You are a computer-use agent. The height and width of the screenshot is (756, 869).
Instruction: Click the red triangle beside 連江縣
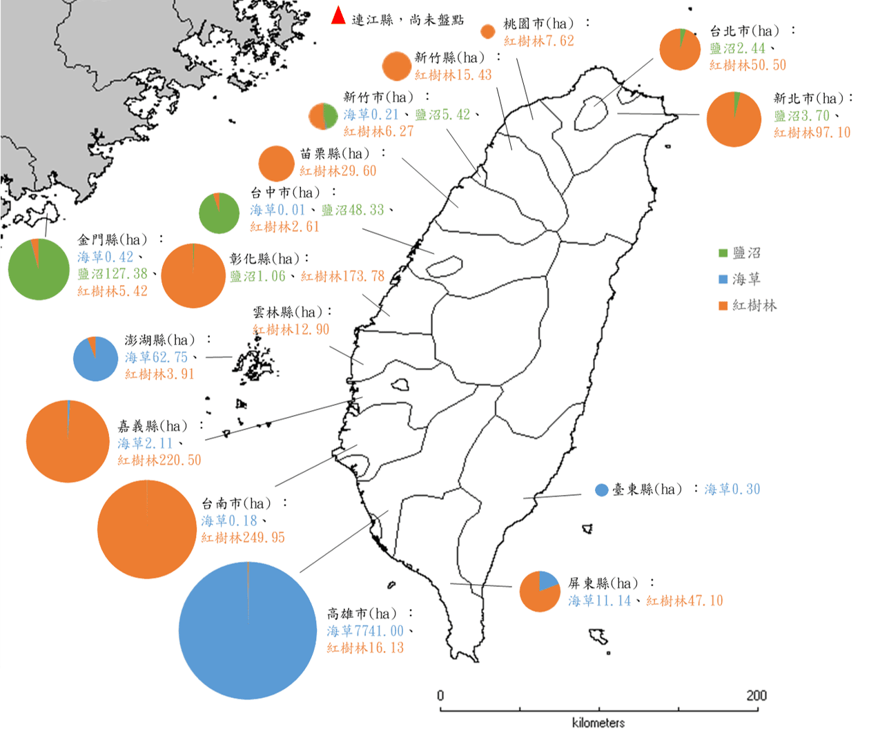(338, 16)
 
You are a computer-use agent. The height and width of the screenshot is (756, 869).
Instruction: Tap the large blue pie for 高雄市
(247, 630)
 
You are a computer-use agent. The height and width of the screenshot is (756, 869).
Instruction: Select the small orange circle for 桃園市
(487, 31)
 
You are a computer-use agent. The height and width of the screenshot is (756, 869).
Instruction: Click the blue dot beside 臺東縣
(602, 490)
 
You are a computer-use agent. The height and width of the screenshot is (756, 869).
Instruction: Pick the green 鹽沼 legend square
(723, 253)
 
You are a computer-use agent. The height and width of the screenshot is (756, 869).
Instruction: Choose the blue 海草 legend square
(723, 279)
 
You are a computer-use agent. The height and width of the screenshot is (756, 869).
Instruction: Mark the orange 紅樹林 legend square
(723, 305)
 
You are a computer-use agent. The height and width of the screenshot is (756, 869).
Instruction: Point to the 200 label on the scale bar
(756, 695)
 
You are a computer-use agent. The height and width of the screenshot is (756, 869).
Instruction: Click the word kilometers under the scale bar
(598, 723)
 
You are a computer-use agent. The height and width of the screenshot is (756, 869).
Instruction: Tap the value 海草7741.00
(365, 631)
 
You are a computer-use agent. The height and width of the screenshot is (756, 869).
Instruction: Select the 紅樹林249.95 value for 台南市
(242, 538)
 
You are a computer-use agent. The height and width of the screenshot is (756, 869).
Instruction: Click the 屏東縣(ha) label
(603, 583)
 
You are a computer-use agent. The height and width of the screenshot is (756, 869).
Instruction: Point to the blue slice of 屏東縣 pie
(547, 581)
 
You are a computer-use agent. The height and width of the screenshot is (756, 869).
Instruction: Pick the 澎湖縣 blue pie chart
(95, 359)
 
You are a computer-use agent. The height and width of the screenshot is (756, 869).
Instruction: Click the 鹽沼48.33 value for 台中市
(353, 210)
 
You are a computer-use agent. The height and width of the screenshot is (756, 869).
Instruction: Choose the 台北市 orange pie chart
(680, 50)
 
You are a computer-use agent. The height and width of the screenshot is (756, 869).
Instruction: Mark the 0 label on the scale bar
(440, 695)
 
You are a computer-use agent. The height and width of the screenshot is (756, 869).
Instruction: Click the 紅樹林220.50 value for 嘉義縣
(159, 461)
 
